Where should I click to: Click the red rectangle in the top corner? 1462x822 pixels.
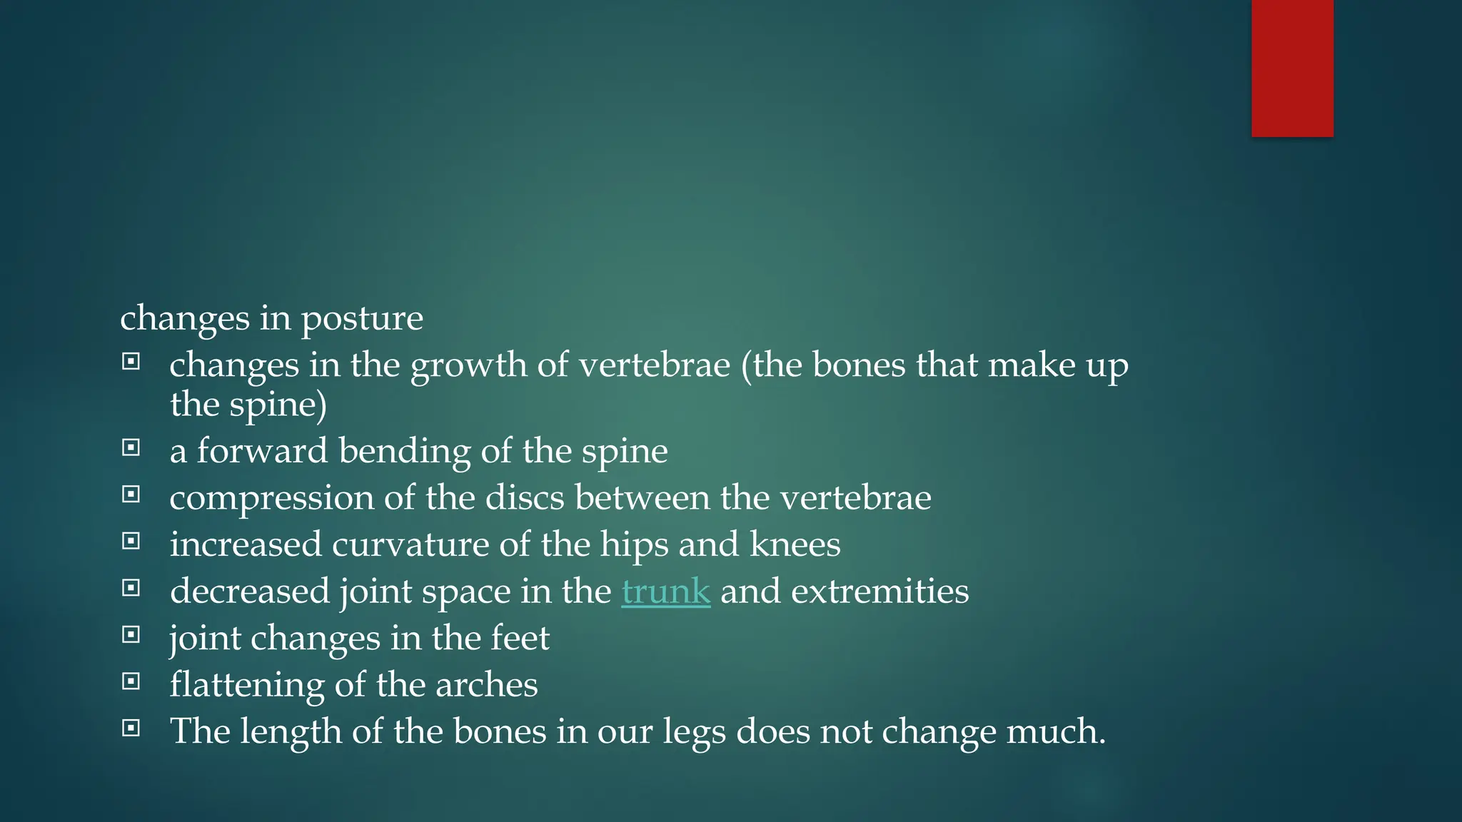pyautogui.click(x=1292, y=68)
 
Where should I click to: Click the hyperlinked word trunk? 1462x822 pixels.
pyautogui.click(x=665, y=592)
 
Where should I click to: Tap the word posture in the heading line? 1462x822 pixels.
pyautogui.click(x=362, y=319)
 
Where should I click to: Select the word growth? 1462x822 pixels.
pyautogui.click(x=468, y=366)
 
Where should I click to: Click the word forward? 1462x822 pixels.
pyautogui.click(x=262, y=451)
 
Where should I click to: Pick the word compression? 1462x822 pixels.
pyautogui.click(x=271, y=499)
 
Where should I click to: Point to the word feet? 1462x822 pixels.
pyautogui.click(x=520, y=638)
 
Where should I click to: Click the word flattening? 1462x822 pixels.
pyautogui.click(x=247, y=686)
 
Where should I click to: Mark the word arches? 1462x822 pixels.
pyautogui.click(x=486, y=685)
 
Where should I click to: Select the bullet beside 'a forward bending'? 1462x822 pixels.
pyautogui.click(x=131, y=448)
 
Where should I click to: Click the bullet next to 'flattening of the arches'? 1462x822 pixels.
pyautogui.click(x=131, y=681)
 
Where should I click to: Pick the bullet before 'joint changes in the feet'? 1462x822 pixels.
pyautogui.click(x=131, y=635)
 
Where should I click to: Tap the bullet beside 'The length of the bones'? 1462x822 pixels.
pyautogui.click(x=131, y=729)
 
